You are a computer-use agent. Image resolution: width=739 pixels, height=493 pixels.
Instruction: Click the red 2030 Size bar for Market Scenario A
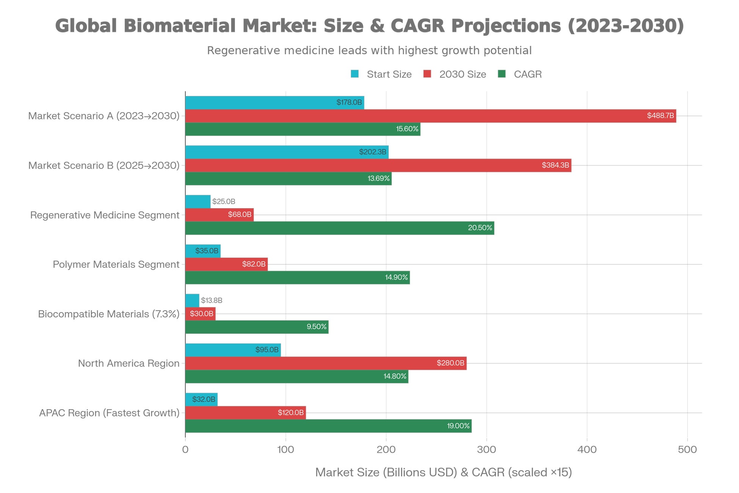(430, 116)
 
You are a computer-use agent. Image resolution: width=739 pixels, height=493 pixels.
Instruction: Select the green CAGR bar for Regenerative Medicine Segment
(339, 228)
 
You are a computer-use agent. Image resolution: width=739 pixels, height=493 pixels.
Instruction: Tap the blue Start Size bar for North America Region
(233, 350)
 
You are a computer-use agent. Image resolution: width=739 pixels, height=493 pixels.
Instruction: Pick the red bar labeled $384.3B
(378, 165)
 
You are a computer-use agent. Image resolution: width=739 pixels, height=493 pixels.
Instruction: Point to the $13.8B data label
(211, 300)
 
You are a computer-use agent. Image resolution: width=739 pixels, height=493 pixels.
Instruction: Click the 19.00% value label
(458, 426)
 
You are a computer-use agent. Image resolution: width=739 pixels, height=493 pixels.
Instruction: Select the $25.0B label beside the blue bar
(224, 201)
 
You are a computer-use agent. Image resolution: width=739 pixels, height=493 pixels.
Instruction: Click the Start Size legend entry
(381, 74)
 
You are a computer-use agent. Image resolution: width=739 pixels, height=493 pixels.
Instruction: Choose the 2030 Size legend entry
(454, 74)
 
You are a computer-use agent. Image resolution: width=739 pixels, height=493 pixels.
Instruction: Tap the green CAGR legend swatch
(502, 74)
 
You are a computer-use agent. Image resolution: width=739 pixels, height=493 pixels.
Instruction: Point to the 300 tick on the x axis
(487, 450)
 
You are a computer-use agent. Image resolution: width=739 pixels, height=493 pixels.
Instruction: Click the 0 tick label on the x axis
(185, 450)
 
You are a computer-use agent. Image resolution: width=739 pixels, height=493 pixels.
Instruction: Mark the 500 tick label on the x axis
(687, 450)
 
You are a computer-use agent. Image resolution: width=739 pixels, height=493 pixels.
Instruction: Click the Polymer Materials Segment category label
(116, 264)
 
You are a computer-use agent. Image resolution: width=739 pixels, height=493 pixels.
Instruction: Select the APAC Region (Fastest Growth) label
(109, 413)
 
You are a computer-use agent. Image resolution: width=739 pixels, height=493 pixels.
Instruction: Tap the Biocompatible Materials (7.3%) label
(108, 314)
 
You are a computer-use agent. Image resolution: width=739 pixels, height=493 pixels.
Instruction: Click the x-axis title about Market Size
(443, 472)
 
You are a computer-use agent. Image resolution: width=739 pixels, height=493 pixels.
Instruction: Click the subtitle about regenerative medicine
(369, 50)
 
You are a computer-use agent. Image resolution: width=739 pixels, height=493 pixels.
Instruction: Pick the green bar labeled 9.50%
(257, 327)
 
